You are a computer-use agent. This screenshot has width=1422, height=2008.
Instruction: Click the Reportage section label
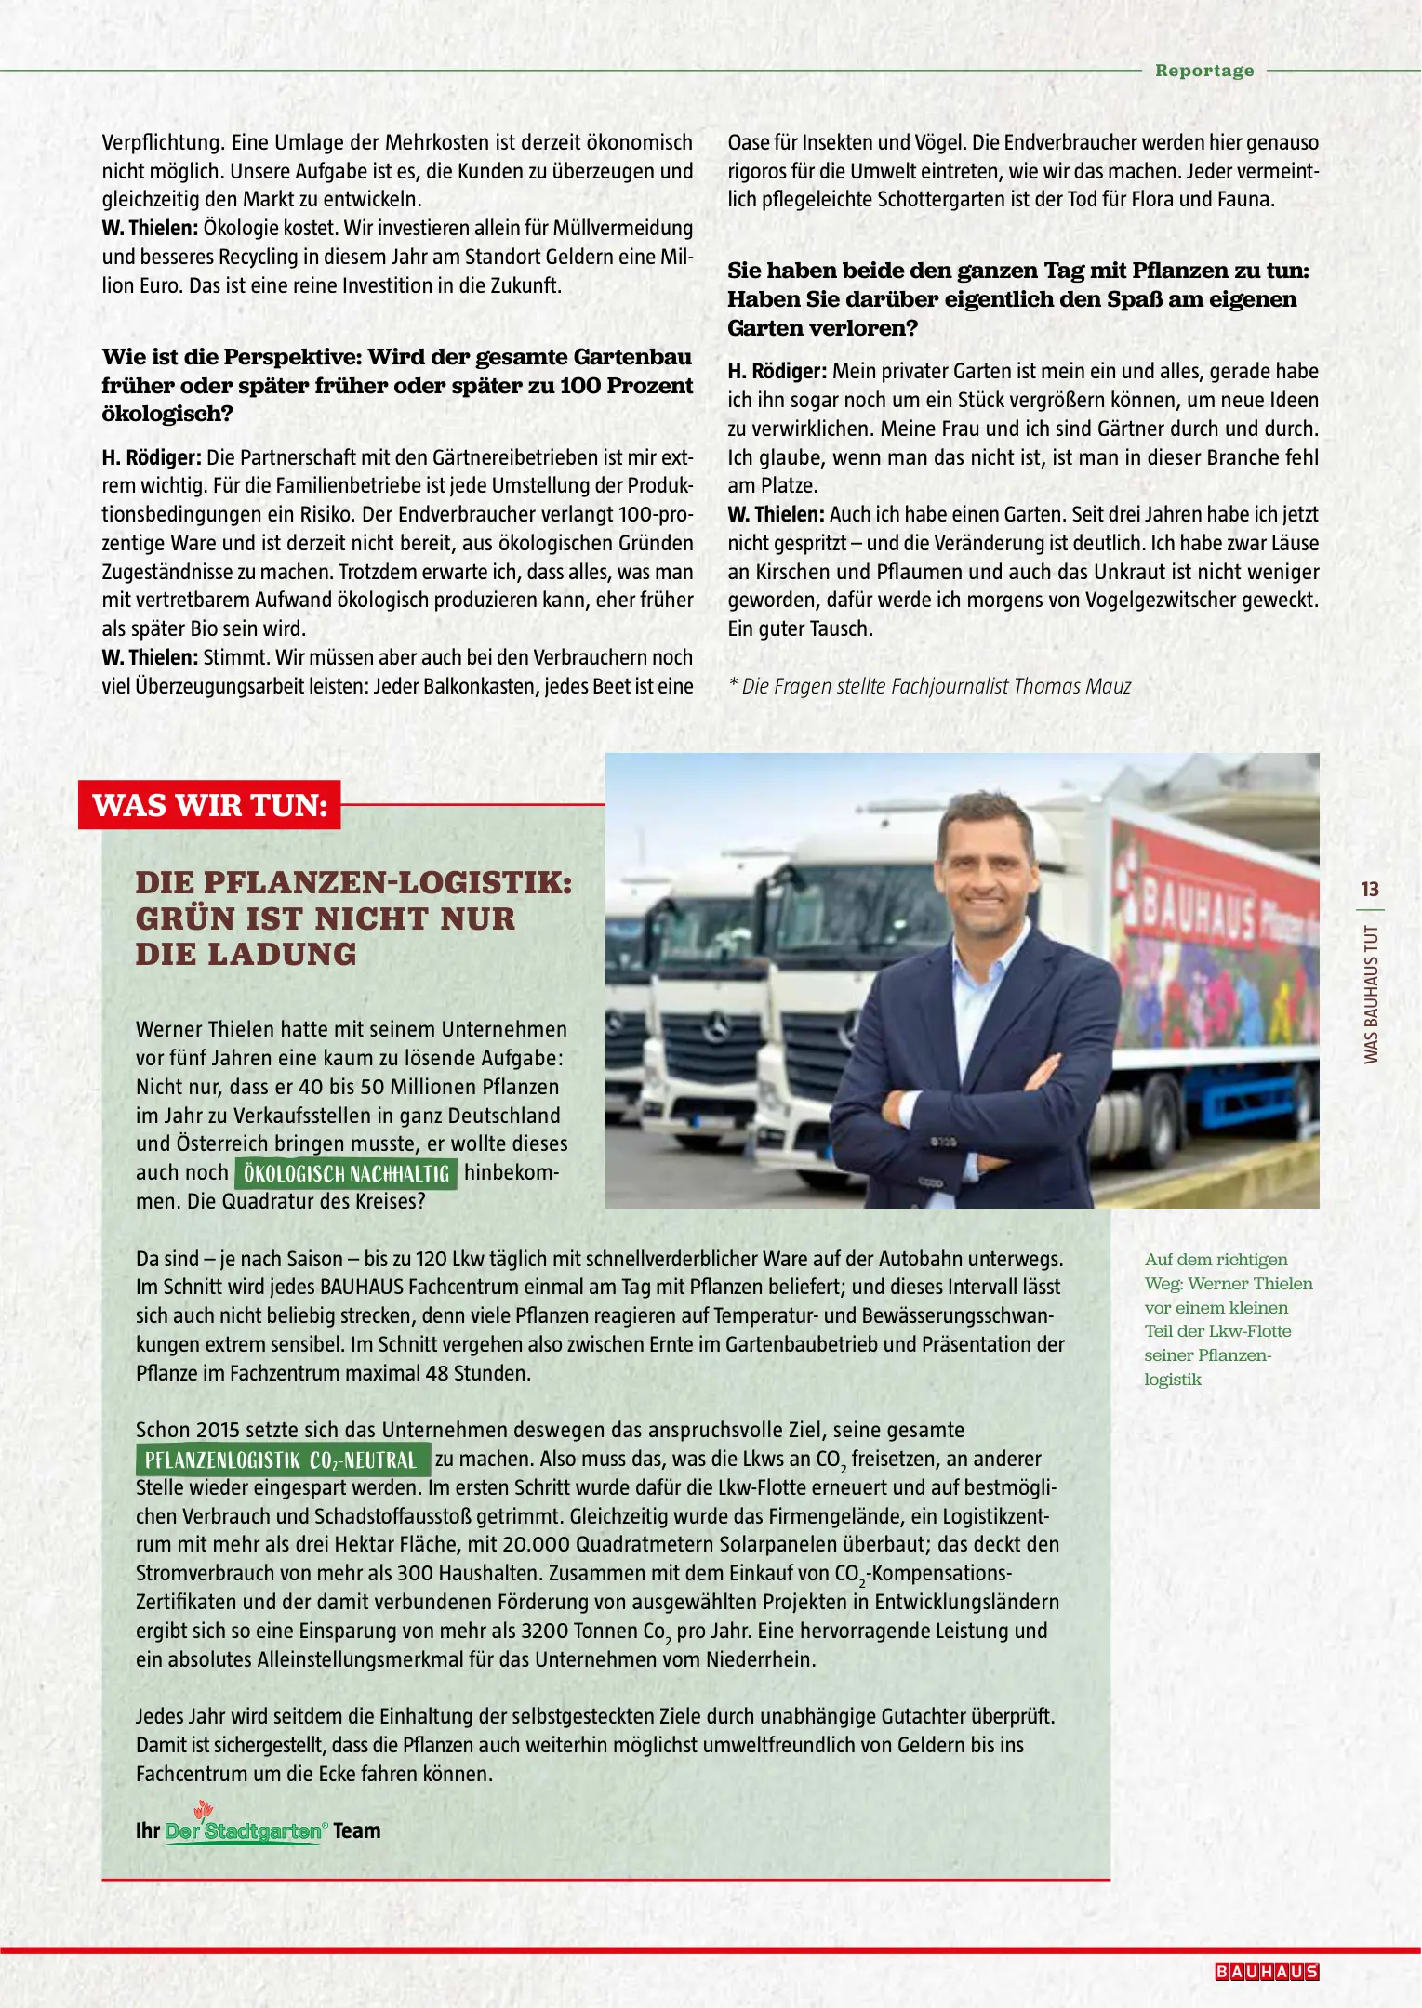[x=1203, y=71]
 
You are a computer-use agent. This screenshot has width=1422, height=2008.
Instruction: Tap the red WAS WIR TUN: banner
[x=210, y=805]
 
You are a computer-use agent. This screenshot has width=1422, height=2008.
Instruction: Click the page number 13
[x=1369, y=889]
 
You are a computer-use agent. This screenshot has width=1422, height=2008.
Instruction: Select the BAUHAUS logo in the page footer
[x=1267, y=1972]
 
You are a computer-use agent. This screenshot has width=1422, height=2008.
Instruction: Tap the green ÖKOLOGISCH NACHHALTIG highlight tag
[x=346, y=1173]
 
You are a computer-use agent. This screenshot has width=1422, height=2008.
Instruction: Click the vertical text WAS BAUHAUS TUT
[x=1370, y=995]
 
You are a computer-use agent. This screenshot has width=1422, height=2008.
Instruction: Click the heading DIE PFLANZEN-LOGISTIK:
[x=353, y=882]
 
